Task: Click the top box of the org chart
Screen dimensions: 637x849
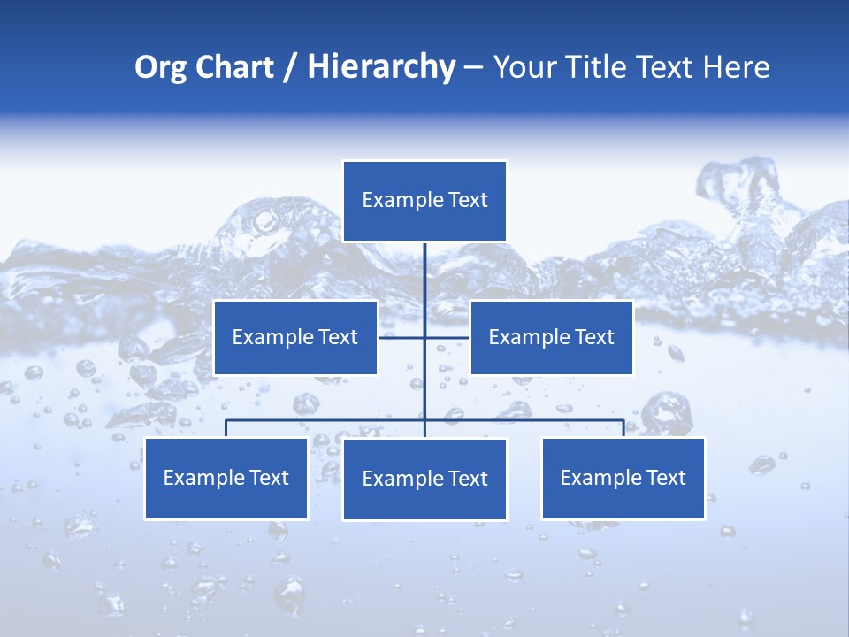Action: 424,201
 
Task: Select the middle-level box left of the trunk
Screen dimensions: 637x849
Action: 295,337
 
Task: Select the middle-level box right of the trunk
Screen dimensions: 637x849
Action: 551,337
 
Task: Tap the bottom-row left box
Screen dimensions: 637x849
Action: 226,479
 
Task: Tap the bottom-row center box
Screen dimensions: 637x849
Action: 424,480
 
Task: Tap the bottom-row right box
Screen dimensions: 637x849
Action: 623,479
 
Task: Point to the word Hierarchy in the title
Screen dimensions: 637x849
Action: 380,67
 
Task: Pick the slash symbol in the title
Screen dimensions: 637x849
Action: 290,68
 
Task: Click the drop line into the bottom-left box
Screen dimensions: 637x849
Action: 226,428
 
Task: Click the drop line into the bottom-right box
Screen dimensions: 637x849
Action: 623,428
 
